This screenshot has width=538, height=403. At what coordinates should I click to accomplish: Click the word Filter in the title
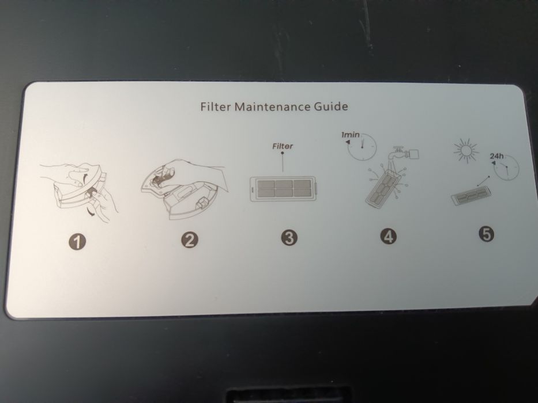215,107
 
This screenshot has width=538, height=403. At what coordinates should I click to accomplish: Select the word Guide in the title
331,106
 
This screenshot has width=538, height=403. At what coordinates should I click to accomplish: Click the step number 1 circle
77,242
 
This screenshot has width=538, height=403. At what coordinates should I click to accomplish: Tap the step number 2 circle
190,240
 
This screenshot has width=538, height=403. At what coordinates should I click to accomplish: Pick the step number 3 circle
289,237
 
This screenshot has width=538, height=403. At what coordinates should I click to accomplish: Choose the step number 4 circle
388,236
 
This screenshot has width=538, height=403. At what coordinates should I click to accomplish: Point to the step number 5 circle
487,234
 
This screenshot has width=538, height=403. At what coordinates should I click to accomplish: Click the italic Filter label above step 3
283,146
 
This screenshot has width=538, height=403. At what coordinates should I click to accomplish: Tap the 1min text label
351,135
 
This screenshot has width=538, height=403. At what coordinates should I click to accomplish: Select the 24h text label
496,156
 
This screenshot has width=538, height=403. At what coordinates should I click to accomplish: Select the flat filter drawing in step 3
283,189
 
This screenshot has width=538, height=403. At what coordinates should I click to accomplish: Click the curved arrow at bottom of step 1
91,212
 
